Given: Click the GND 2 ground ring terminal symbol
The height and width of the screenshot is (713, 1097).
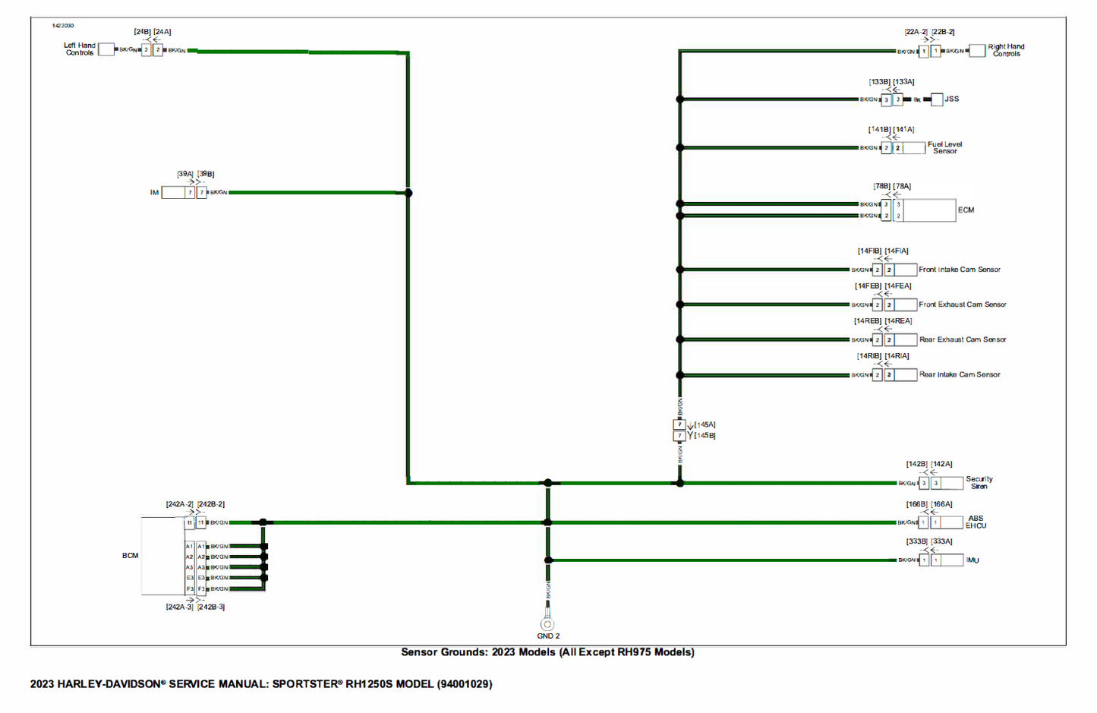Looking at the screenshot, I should pos(547,624).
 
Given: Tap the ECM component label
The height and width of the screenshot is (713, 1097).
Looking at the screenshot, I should pos(966,210).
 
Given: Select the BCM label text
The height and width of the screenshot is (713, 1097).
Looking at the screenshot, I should pos(131,556).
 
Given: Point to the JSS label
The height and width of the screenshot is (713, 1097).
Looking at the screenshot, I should pos(952,99).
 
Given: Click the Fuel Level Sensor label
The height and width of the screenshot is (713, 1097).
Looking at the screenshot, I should pos(944,148).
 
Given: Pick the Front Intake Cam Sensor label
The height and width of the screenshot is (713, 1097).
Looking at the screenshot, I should pos(960,270).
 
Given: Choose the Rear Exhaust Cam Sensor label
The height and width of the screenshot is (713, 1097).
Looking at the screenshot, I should pos(963,339).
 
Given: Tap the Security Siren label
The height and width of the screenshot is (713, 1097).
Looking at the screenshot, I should pos(979,483).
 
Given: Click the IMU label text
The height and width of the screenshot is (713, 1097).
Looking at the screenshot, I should pos(972,560).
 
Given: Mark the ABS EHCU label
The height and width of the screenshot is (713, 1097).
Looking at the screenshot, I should pos(976,522).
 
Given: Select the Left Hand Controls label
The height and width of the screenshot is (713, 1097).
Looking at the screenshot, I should pos(80,49).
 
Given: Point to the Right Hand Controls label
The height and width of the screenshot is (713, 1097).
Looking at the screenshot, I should pos(1006,50).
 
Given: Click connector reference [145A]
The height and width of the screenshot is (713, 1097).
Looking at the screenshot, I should pos(705,425).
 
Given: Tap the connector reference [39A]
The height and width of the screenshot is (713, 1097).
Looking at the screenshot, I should pos(185,175).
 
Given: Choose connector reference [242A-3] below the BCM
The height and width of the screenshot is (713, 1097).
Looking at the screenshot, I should pos(180,607).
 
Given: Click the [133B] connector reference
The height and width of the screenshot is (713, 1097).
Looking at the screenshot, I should pos(880,82).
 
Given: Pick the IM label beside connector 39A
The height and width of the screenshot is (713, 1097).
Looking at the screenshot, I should pos(154,193).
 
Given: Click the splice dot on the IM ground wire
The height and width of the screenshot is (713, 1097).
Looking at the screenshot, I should pos(408,193).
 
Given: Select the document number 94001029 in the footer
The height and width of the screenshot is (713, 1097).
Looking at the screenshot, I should pos(465,684).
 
